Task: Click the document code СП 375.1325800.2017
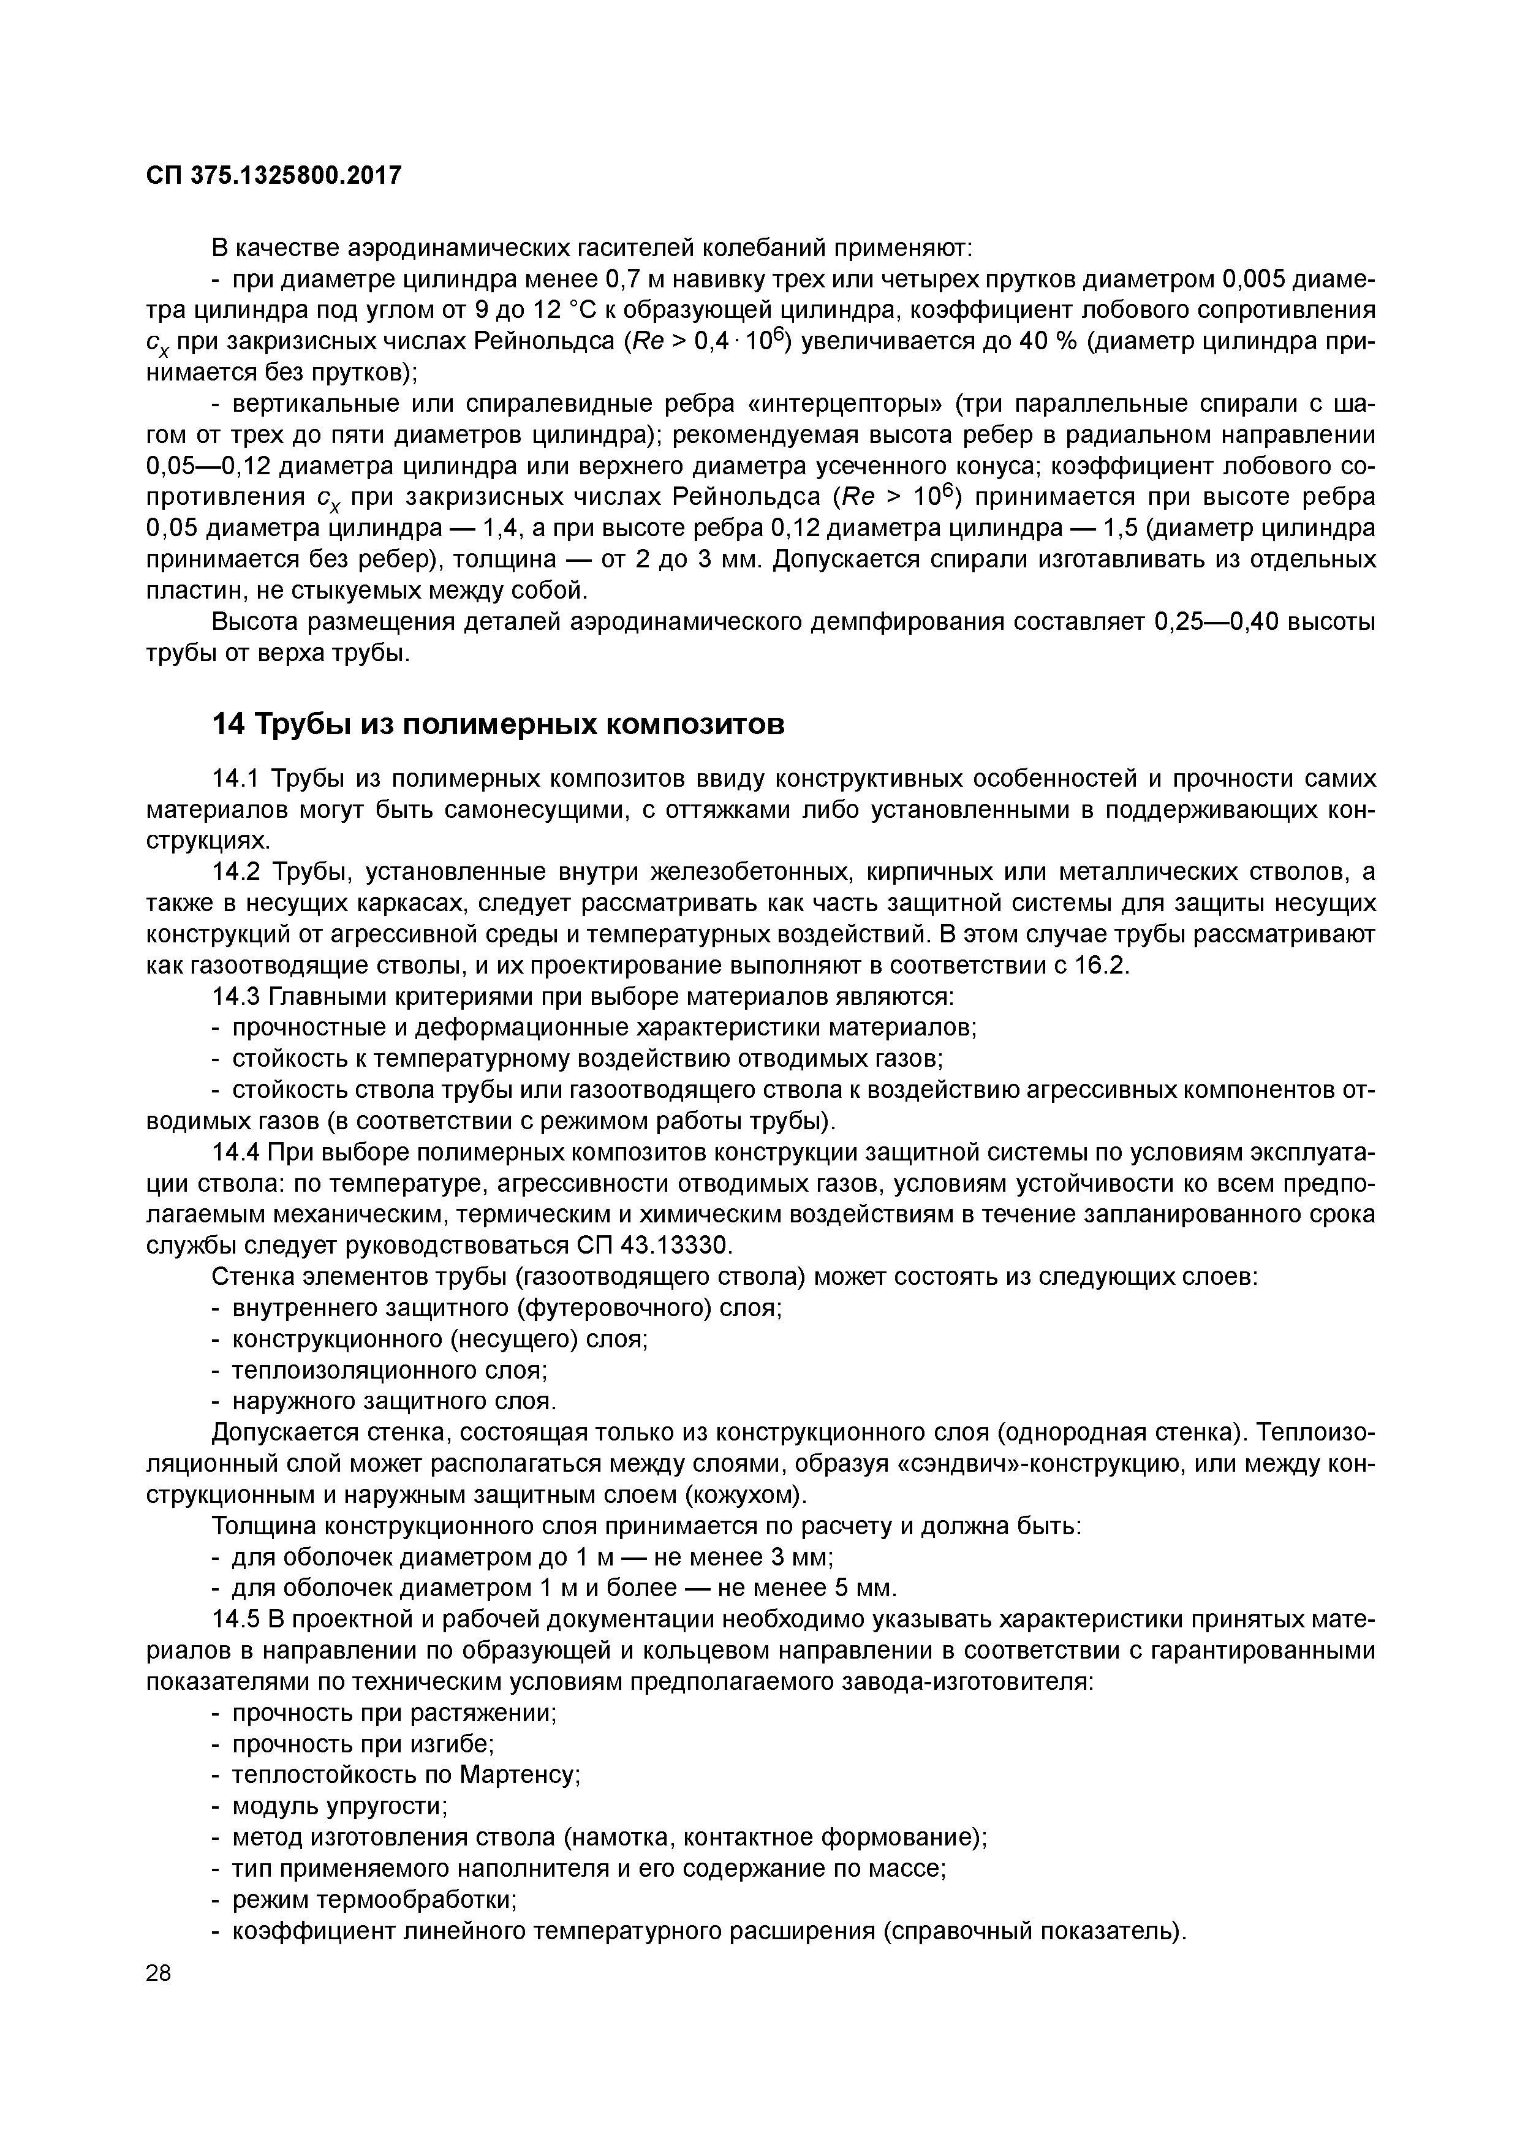click(x=274, y=175)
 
